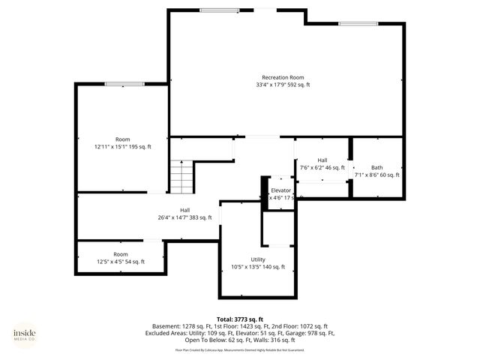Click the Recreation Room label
pos(283,77)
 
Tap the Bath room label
pos(376,167)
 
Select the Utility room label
pos(258,259)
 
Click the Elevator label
pos(281,190)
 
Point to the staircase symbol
pos(180,176)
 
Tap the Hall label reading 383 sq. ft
pos(184,210)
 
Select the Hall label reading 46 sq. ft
pos(322,160)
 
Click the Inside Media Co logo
pos(25,335)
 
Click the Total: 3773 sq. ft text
pos(240,319)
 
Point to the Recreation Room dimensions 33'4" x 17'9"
pos(283,85)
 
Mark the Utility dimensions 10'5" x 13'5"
pos(258,267)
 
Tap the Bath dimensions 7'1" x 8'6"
pos(376,175)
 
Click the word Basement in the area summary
pos(166,326)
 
